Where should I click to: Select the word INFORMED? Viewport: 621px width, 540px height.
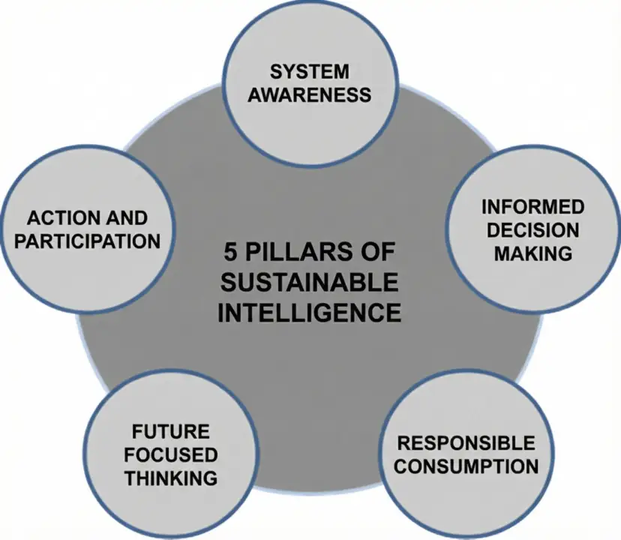coord(532,207)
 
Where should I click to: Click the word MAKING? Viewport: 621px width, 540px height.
coord(532,253)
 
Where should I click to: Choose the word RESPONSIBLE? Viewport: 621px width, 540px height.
coord(466,442)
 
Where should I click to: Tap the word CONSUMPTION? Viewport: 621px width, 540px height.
coord(466,466)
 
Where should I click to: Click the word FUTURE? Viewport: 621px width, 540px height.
coord(170,433)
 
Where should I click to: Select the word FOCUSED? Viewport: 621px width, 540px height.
coord(171,455)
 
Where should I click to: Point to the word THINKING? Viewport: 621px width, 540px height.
coord(171,478)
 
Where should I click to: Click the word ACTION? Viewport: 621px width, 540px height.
coord(60,218)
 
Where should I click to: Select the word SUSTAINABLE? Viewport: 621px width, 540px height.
coord(309,283)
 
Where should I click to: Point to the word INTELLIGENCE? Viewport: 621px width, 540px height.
coord(309,311)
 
